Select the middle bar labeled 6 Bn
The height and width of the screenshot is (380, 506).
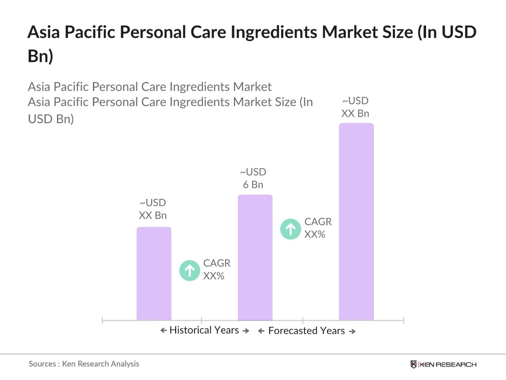255,257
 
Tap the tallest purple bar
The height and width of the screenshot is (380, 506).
356,221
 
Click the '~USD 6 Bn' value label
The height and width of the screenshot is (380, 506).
253,178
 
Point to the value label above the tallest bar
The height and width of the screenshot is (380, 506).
355,107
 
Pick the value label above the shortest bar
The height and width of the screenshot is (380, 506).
153,209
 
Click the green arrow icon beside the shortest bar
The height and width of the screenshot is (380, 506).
190,270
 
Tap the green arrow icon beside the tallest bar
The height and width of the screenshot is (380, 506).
291,229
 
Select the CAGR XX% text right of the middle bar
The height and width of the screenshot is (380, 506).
318,228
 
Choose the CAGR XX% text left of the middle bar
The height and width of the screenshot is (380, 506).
216,269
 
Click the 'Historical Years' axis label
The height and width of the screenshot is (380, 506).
204,330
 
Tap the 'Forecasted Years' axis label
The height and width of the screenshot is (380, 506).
306,331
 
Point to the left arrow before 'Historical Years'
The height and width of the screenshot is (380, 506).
163,331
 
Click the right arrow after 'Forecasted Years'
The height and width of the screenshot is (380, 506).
352,331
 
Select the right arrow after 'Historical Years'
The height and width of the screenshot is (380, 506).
246,331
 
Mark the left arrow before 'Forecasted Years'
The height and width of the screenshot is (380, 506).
261,331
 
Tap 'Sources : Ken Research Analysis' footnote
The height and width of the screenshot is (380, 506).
84,364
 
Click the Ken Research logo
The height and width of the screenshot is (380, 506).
443,364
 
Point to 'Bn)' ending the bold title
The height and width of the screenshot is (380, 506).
40,56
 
